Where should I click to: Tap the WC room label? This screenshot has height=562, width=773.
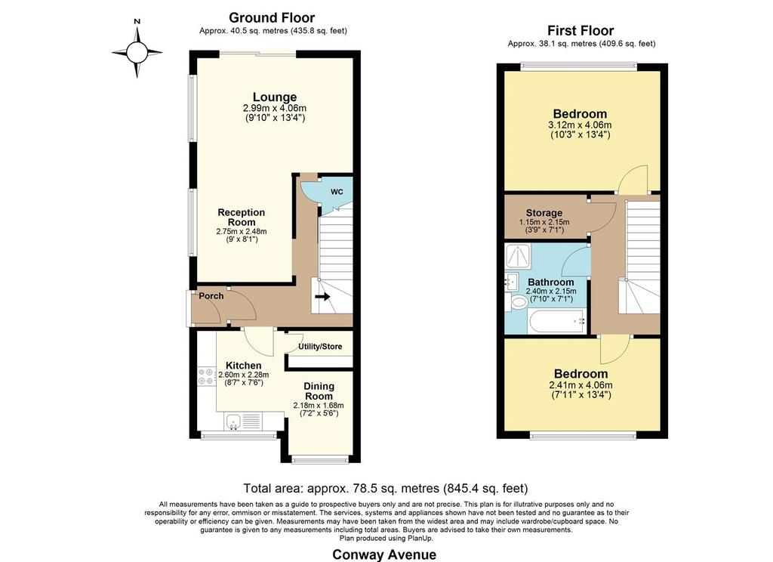click(337, 191)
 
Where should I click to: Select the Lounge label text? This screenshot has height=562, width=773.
click(275, 97)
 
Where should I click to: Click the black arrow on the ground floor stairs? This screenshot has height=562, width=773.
click(322, 297)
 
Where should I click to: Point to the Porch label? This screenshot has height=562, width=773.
click(211, 296)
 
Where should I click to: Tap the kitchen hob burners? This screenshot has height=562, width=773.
click(207, 376)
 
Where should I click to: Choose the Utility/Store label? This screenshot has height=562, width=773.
click(320, 347)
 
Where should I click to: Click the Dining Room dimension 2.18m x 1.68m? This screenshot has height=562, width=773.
click(319, 406)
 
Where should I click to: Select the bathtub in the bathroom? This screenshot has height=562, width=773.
click(556, 321)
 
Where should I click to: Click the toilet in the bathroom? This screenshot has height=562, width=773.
click(518, 302)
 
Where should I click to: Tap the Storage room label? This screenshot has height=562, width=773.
click(544, 213)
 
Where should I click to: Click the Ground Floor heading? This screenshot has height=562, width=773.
click(272, 18)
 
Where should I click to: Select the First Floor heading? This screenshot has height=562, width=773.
click(581, 30)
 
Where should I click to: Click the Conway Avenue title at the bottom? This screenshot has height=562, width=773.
click(384, 554)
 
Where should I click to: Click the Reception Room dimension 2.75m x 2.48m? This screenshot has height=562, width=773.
click(242, 231)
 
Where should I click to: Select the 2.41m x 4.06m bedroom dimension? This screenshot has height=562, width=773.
click(581, 385)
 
